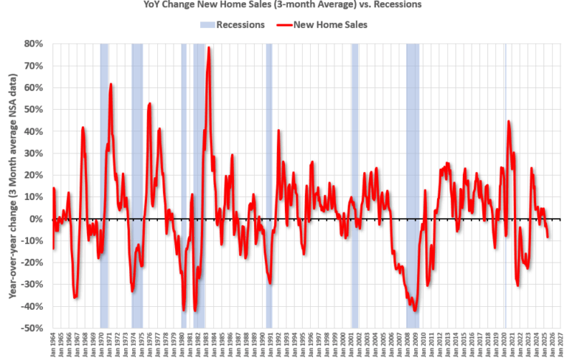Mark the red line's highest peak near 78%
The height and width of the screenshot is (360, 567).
[209, 48]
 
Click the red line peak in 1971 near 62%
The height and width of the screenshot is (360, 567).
[111, 84]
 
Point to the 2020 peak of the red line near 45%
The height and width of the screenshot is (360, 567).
[508, 121]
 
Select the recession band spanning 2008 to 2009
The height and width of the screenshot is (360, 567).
[413, 184]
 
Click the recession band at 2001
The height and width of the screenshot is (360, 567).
[355, 184]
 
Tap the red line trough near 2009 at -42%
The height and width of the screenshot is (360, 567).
[415, 311]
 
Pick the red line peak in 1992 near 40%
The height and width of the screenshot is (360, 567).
[279, 131]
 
